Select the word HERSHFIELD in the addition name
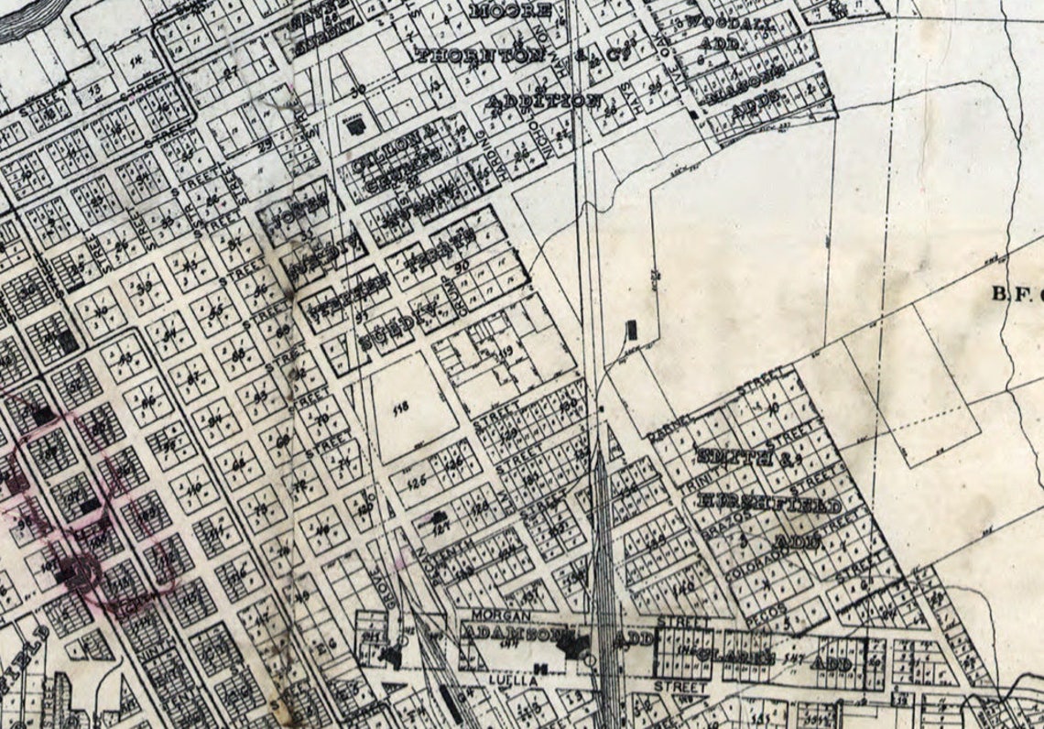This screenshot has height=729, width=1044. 768,505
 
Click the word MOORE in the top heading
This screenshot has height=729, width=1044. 511,12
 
